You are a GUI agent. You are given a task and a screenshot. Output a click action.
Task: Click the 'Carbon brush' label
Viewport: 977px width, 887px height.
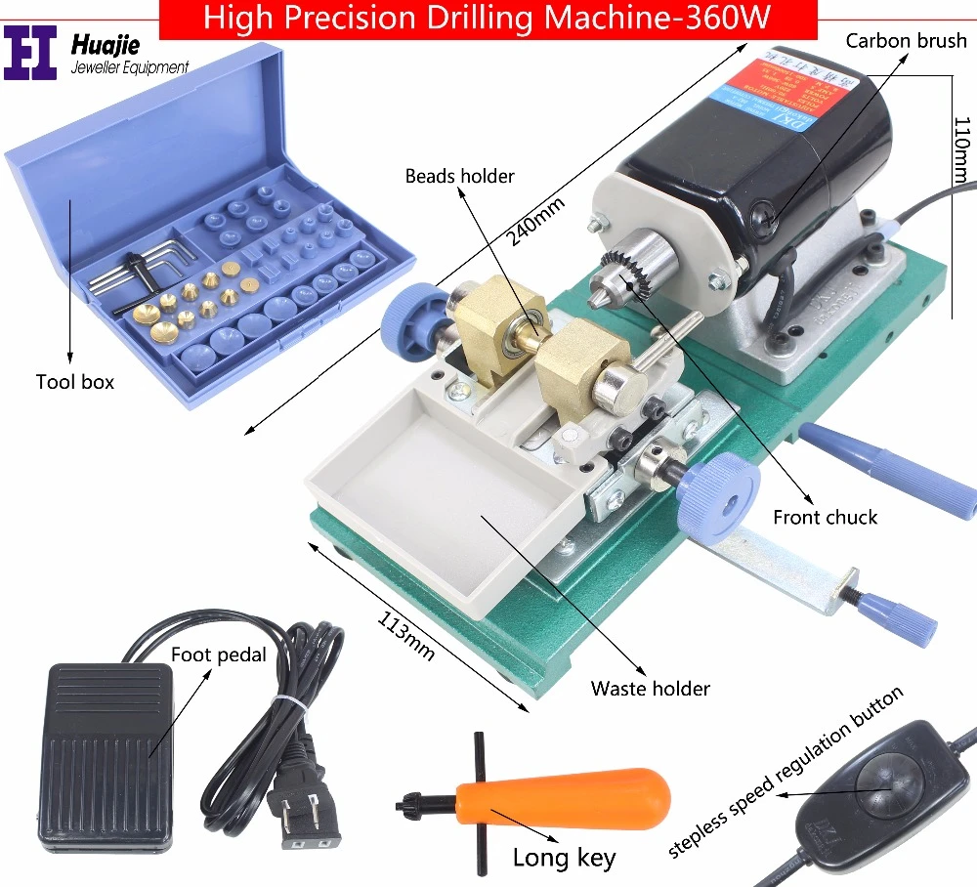coord(906,41)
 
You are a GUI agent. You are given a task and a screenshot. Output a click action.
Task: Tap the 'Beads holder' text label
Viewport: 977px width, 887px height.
coord(460,176)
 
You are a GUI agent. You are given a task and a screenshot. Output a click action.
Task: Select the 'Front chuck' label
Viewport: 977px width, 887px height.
coord(825,517)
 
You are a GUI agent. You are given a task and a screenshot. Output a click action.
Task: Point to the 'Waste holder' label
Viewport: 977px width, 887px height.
coord(650,689)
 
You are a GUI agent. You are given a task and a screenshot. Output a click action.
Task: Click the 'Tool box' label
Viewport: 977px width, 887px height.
coord(75,382)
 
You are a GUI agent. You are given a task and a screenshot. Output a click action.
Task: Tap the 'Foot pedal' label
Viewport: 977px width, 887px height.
coord(218,655)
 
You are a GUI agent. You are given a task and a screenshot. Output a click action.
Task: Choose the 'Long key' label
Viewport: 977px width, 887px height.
coord(564,858)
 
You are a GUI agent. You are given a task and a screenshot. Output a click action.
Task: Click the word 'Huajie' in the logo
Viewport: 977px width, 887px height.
coord(105,43)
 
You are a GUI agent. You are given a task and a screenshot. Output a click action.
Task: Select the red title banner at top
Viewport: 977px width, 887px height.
coord(488,19)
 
